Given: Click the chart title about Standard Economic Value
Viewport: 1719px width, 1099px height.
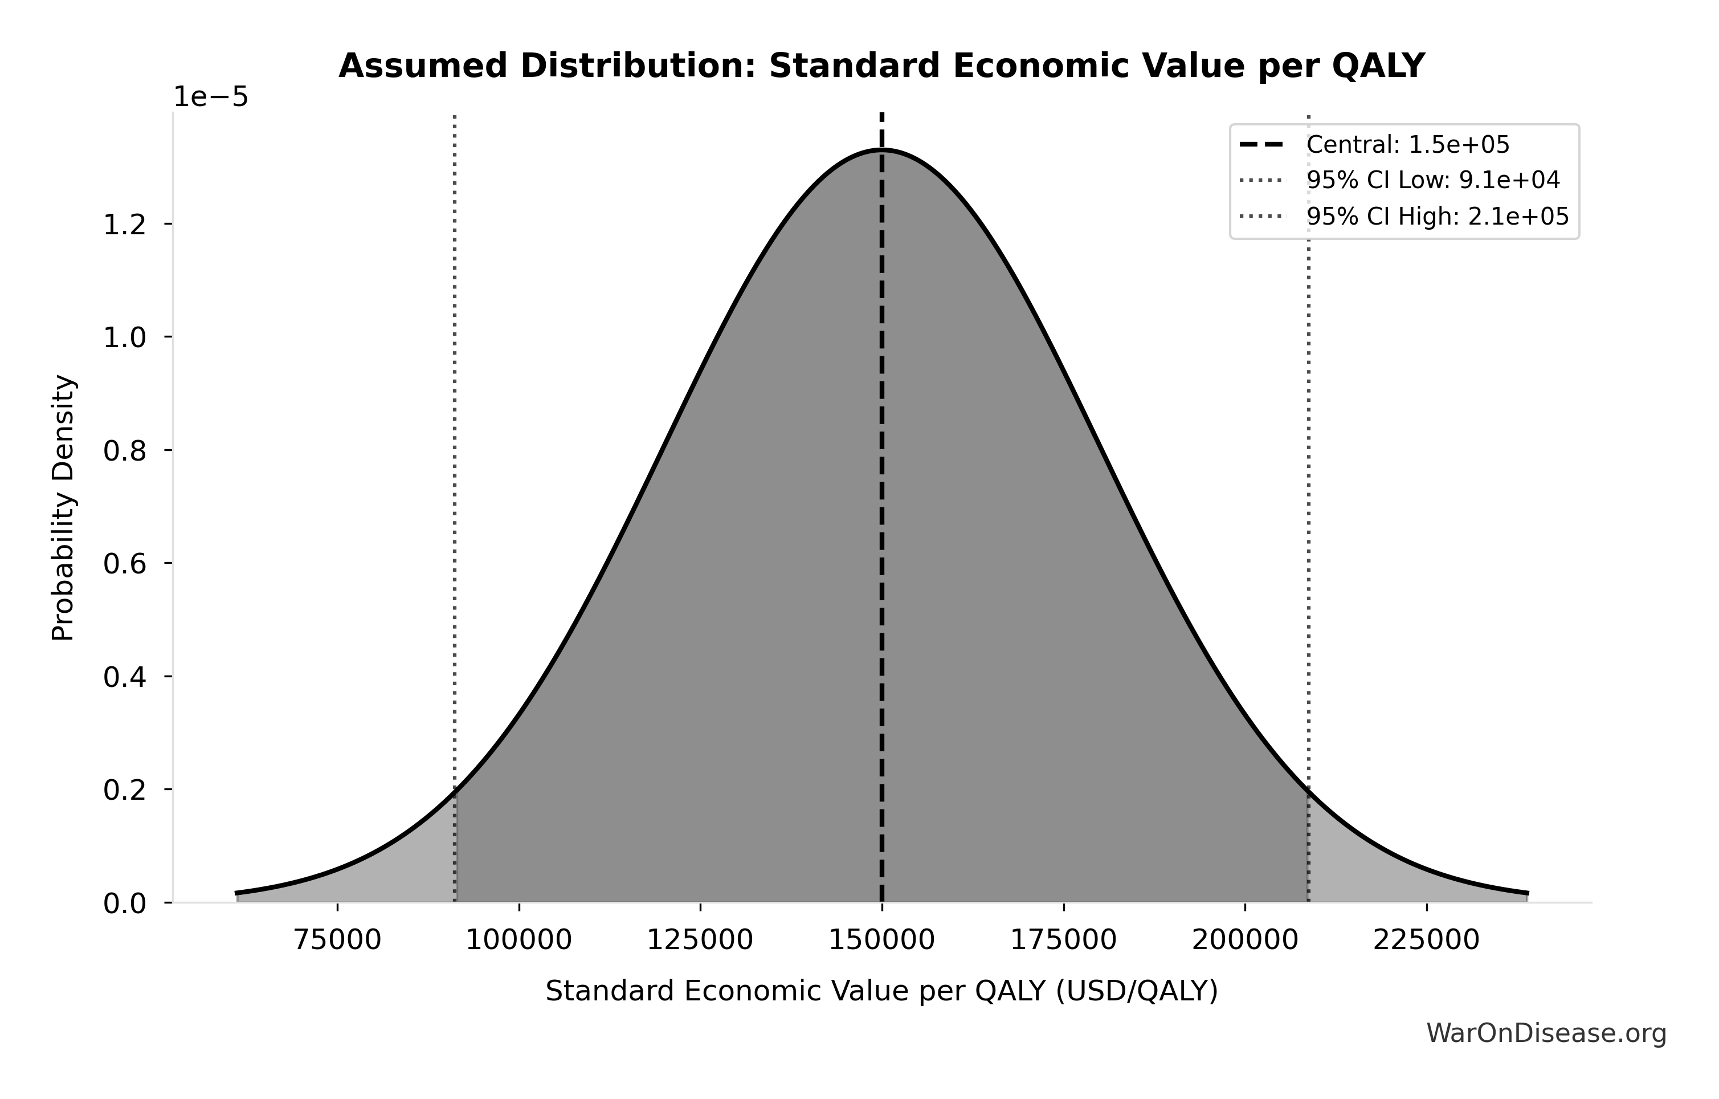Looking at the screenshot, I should (881, 67).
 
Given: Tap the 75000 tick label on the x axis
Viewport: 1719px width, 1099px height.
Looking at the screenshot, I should (338, 940).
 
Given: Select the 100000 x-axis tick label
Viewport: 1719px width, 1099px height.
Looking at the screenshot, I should (519, 940).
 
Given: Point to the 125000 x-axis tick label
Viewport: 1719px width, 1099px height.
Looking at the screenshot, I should (700, 940).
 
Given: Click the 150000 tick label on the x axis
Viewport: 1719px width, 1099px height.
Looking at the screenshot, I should (881, 940).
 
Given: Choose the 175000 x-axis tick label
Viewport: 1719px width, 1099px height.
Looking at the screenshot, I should (1064, 940).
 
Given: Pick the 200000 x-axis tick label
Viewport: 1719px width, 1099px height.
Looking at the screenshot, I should (1245, 940).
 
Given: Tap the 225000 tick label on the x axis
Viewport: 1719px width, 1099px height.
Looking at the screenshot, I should (1426, 940).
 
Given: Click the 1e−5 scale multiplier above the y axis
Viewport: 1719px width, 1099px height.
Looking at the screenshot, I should (211, 97).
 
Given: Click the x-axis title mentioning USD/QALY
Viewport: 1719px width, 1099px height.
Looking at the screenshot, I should (881, 991).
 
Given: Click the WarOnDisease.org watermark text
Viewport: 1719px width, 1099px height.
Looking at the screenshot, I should (1546, 1033).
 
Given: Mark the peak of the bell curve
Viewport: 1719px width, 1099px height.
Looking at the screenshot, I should (883, 150).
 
